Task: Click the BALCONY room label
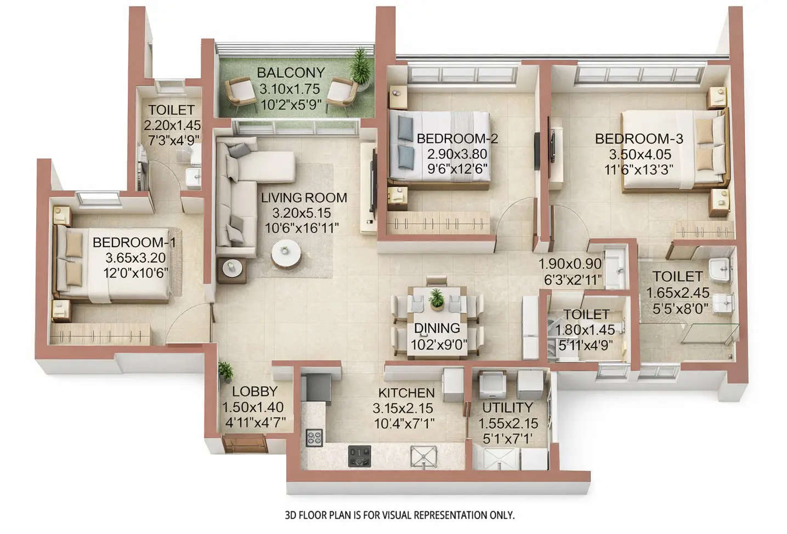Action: point(291,72)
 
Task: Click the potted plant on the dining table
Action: point(437,299)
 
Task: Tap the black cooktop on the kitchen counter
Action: point(360,456)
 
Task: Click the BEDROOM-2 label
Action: point(457,139)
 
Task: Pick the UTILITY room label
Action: point(507,407)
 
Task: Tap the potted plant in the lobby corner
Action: point(225,372)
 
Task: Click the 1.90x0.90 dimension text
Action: point(570,264)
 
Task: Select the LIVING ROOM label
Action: point(303,198)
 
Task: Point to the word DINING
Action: point(437,328)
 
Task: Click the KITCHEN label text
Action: point(406,393)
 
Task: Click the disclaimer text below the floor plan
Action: point(400,515)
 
